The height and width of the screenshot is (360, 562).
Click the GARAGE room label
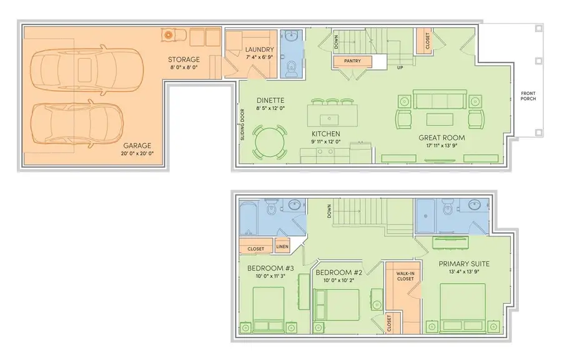pyautogui.click(x=137, y=145)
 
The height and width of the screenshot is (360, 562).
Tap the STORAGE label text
pyautogui.click(x=184, y=59)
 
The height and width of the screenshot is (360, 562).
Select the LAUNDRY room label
pyautogui.click(x=260, y=49)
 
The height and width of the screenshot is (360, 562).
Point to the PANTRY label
pyautogui.click(x=352, y=61)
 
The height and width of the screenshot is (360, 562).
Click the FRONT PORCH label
pyautogui.click(x=528, y=96)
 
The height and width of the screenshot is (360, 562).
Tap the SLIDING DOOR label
pyautogui.click(x=243, y=124)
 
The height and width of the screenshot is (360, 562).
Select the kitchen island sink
pyautogui.click(x=327, y=119)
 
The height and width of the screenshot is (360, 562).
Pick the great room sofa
pyautogui.click(x=440, y=99)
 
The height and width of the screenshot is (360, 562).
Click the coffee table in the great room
pyautogui.click(x=440, y=120)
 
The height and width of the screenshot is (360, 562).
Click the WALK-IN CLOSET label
pyautogui.click(x=405, y=276)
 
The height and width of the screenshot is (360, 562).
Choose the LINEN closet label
pyautogui.click(x=282, y=246)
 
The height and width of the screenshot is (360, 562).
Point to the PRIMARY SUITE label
pyautogui.click(x=464, y=264)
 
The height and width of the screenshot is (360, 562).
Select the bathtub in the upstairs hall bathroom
pyautogui.click(x=252, y=219)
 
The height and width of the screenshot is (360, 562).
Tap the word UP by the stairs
pyautogui.click(x=400, y=67)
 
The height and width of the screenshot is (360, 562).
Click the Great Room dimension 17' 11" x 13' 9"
pyautogui.click(x=441, y=145)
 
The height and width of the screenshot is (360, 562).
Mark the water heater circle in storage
pyautogui.click(x=169, y=35)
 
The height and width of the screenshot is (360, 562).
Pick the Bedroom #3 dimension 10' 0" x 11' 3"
pyautogui.click(x=270, y=276)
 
